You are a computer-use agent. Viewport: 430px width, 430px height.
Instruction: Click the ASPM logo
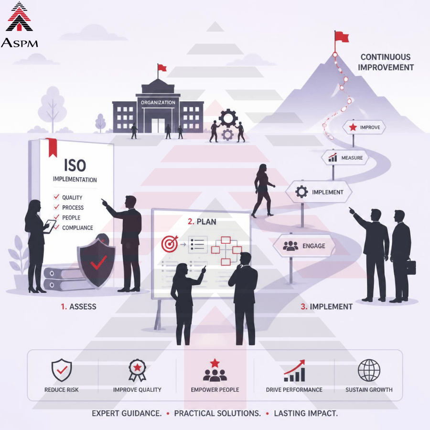[19, 25]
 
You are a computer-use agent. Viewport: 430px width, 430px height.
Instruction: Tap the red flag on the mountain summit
[342, 37]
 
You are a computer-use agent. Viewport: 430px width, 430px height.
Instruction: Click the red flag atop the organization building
[162, 67]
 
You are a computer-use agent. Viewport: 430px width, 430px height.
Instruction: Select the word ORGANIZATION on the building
[158, 103]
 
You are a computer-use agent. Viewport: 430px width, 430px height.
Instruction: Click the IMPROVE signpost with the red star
[364, 127]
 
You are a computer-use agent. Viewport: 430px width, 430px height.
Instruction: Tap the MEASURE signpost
[344, 158]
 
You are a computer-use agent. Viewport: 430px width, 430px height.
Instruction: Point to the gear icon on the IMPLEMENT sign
[301, 192]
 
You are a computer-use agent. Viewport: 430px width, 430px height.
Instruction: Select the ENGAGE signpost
[304, 246]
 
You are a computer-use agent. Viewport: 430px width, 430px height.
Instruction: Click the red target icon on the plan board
[170, 244]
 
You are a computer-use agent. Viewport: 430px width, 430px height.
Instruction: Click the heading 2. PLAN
[202, 222]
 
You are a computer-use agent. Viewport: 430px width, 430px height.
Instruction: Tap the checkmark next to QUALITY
[56, 197]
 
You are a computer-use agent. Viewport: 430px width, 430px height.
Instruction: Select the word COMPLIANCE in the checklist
[77, 228]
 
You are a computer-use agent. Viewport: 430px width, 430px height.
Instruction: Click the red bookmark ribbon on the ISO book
[51, 147]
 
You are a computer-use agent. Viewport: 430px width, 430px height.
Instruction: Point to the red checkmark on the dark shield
[98, 262]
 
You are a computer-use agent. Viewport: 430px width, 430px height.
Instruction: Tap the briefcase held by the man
[410, 266]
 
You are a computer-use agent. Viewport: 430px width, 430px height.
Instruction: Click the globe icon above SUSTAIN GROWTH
[369, 370]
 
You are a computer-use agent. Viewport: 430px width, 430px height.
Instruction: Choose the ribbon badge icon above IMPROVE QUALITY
[138, 370]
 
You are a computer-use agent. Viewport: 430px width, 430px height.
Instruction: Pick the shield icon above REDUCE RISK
[62, 370]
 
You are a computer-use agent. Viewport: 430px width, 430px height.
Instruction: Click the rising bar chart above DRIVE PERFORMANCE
[294, 370]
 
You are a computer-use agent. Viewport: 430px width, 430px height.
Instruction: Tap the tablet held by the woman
[50, 226]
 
